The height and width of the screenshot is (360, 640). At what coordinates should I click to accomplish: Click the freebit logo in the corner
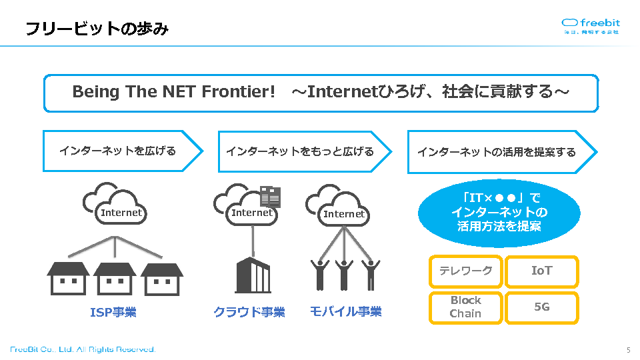(591, 26)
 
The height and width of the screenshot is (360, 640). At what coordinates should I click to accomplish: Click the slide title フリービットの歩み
(97, 29)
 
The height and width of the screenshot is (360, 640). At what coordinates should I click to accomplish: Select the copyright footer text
(83, 349)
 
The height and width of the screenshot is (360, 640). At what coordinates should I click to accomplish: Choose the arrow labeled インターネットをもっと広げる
(304, 151)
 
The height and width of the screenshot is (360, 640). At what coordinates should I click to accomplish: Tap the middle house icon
(115, 278)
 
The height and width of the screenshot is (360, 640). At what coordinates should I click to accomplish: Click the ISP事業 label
(113, 312)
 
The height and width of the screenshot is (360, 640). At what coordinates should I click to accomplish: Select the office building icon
(253, 275)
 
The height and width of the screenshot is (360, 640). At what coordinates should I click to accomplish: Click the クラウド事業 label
(249, 312)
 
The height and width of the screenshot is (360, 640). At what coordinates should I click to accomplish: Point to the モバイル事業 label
(345, 311)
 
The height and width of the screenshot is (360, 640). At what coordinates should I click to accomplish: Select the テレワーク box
(465, 271)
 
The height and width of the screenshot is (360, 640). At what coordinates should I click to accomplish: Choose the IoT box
(541, 271)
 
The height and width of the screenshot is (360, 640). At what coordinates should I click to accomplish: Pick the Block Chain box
(465, 307)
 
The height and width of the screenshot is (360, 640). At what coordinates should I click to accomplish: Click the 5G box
(541, 307)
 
